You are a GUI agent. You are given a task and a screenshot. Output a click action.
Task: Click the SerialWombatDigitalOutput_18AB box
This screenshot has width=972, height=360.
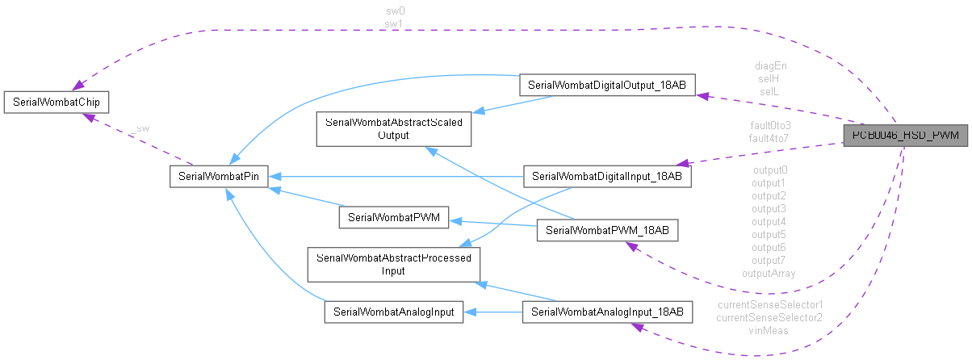[606, 84]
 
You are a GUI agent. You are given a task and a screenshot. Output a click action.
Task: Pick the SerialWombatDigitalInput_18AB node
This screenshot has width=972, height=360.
[607, 176]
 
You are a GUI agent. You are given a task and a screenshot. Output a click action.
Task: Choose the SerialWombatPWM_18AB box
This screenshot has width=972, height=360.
[608, 231]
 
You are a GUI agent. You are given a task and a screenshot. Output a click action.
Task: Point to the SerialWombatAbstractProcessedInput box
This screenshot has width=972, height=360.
[393, 265]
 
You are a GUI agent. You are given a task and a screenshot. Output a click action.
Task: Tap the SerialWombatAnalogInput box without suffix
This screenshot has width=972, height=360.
[394, 312]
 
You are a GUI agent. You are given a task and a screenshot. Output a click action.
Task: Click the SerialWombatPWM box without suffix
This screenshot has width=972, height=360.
[393, 217]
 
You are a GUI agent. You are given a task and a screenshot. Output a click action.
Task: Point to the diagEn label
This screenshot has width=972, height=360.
[770, 66]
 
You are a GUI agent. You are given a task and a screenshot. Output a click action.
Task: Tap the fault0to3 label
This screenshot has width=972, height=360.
[769, 126]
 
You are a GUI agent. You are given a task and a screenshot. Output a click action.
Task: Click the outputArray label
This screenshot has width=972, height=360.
[769, 273]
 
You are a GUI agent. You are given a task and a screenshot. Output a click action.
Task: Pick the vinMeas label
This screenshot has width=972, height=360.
[769, 330]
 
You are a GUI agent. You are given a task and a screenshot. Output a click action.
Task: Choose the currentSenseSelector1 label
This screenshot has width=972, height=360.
[769, 304]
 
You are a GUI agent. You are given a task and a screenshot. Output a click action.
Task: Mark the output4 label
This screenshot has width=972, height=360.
[769, 221]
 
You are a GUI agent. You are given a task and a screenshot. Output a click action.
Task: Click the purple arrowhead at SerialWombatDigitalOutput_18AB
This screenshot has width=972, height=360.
[702, 95]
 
